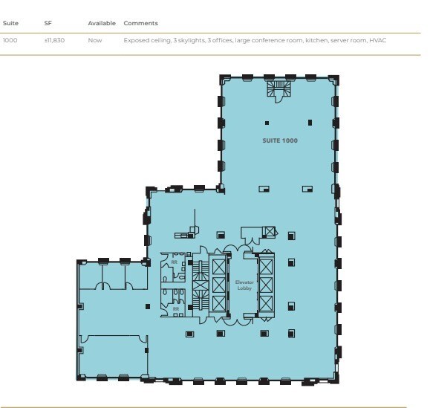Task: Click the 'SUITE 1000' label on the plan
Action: [x=280, y=140]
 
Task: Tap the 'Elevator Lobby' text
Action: [x=245, y=285]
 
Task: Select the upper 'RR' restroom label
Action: [x=175, y=262]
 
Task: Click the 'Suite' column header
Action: [x=10, y=23]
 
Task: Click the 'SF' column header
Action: [x=48, y=23]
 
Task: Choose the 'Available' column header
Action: [x=102, y=23]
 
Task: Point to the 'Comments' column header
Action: [x=140, y=23]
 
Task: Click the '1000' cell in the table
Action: [x=10, y=40]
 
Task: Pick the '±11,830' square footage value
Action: [x=54, y=40]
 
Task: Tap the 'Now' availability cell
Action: [x=94, y=40]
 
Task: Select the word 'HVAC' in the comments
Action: [x=377, y=40]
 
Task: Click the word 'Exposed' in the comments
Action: [x=136, y=40]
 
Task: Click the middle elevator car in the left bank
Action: [x=218, y=284]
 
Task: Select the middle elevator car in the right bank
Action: [x=266, y=284]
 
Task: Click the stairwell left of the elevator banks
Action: [x=201, y=285]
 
